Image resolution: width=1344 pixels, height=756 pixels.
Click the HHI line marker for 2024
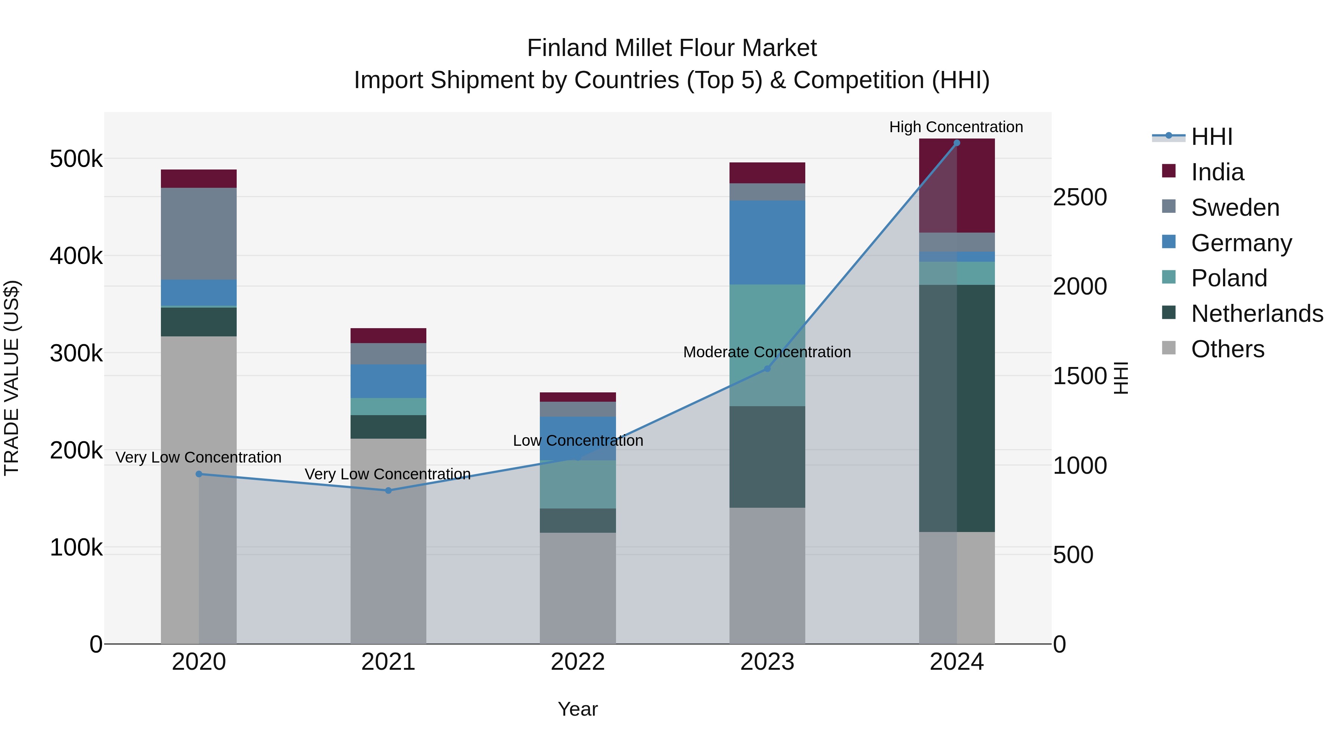click(x=956, y=143)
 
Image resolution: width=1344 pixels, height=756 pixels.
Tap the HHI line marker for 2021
click(x=388, y=491)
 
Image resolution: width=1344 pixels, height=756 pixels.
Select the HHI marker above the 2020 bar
click(x=199, y=474)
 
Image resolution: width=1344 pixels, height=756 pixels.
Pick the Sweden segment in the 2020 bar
click(x=199, y=234)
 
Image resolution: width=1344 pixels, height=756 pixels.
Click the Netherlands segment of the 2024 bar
click(x=956, y=408)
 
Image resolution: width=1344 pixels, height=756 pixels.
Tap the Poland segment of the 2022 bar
click(x=578, y=484)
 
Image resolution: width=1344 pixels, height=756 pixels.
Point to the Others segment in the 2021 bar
click(x=388, y=541)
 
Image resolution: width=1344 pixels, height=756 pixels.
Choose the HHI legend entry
click(x=1211, y=137)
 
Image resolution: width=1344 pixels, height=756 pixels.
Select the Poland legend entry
click(x=1229, y=278)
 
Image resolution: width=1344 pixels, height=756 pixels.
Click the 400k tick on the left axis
click(x=76, y=256)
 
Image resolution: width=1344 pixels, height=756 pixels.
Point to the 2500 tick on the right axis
click(x=1079, y=197)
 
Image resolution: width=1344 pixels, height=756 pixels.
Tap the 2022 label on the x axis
click(x=578, y=662)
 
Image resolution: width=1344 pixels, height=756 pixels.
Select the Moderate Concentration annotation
click(x=766, y=352)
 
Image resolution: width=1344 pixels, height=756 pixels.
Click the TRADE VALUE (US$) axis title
click(x=12, y=378)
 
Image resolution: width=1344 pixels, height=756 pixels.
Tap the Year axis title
click(x=578, y=709)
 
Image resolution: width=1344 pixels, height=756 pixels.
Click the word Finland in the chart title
click(x=567, y=48)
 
